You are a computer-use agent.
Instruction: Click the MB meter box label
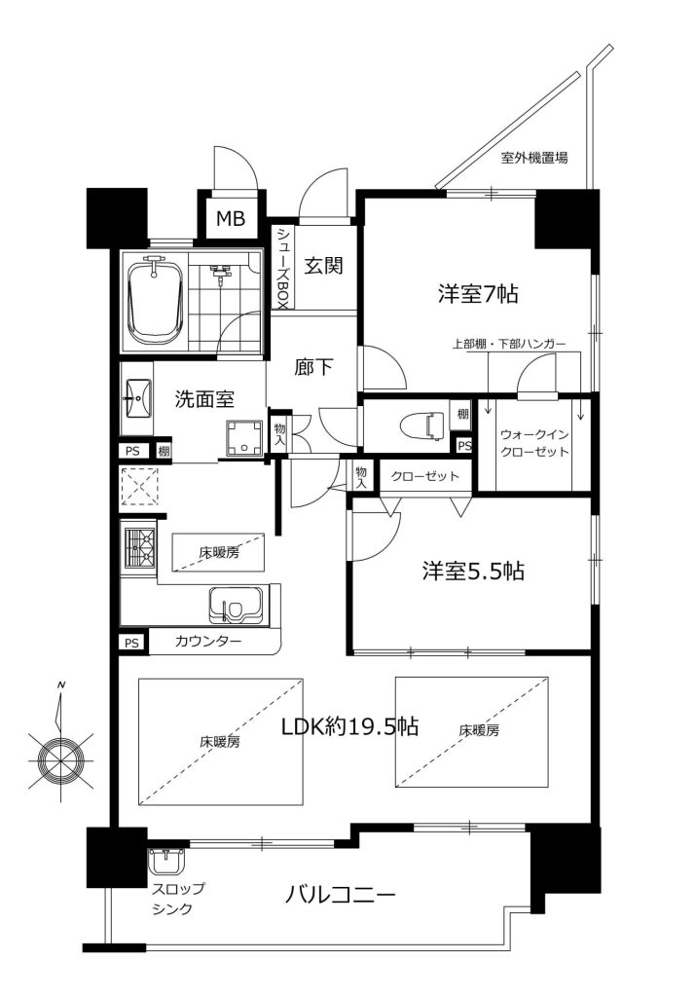230,219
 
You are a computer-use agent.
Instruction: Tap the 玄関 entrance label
323,265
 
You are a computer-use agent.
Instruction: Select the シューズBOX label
281,269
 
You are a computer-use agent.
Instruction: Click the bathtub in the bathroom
156,302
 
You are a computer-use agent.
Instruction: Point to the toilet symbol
424,425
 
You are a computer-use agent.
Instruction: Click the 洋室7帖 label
477,294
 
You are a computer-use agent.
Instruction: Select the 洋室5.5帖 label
473,571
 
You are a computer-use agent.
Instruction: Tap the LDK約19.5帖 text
349,724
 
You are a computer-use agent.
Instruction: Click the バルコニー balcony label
340,896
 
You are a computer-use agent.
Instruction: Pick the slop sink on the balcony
166,863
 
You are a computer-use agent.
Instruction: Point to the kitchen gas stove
138,547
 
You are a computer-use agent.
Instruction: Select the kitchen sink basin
236,606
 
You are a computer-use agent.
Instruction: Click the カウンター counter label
208,642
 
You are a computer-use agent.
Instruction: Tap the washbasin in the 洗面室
136,398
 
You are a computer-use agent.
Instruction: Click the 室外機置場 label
534,157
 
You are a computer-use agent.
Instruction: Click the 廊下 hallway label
313,367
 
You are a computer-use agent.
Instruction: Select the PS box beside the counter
131,643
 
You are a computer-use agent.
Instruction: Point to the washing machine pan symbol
243,437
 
